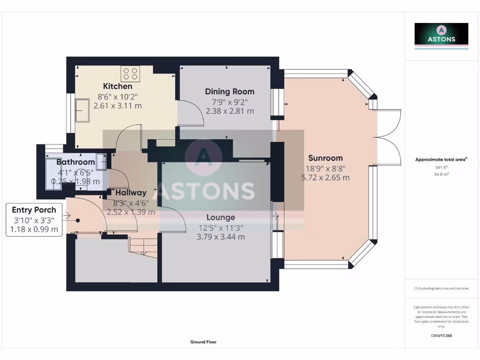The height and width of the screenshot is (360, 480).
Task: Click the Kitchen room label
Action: (x=118, y=86)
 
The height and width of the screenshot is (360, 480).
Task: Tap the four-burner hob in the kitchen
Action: (x=130, y=73)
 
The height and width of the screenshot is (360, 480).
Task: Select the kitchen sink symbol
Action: (x=82, y=110)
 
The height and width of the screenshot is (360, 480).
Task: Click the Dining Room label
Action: (x=230, y=91)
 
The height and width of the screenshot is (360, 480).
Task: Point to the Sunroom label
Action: (x=325, y=158)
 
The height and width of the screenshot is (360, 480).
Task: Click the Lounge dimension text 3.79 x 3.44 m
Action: (x=220, y=237)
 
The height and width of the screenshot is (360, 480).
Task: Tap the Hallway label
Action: (x=131, y=192)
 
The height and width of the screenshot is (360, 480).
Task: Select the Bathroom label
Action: (x=76, y=162)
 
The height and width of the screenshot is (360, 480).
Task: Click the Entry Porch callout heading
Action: (x=34, y=210)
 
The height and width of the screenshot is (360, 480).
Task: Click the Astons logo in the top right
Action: (x=441, y=36)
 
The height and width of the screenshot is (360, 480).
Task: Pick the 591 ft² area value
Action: (x=441, y=167)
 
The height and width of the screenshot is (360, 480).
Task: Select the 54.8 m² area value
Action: (x=441, y=174)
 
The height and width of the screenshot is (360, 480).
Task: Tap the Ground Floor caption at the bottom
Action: (x=203, y=342)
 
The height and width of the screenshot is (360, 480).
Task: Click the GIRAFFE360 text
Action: (x=441, y=336)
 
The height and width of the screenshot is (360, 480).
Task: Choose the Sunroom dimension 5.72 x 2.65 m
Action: (x=325, y=178)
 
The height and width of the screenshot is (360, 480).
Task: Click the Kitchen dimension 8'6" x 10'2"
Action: (x=118, y=97)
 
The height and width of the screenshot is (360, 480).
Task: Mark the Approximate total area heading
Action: (x=441, y=160)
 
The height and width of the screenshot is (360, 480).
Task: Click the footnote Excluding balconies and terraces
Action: (x=441, y=288)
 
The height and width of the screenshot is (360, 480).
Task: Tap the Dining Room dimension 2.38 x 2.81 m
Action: (x=230, y=111)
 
